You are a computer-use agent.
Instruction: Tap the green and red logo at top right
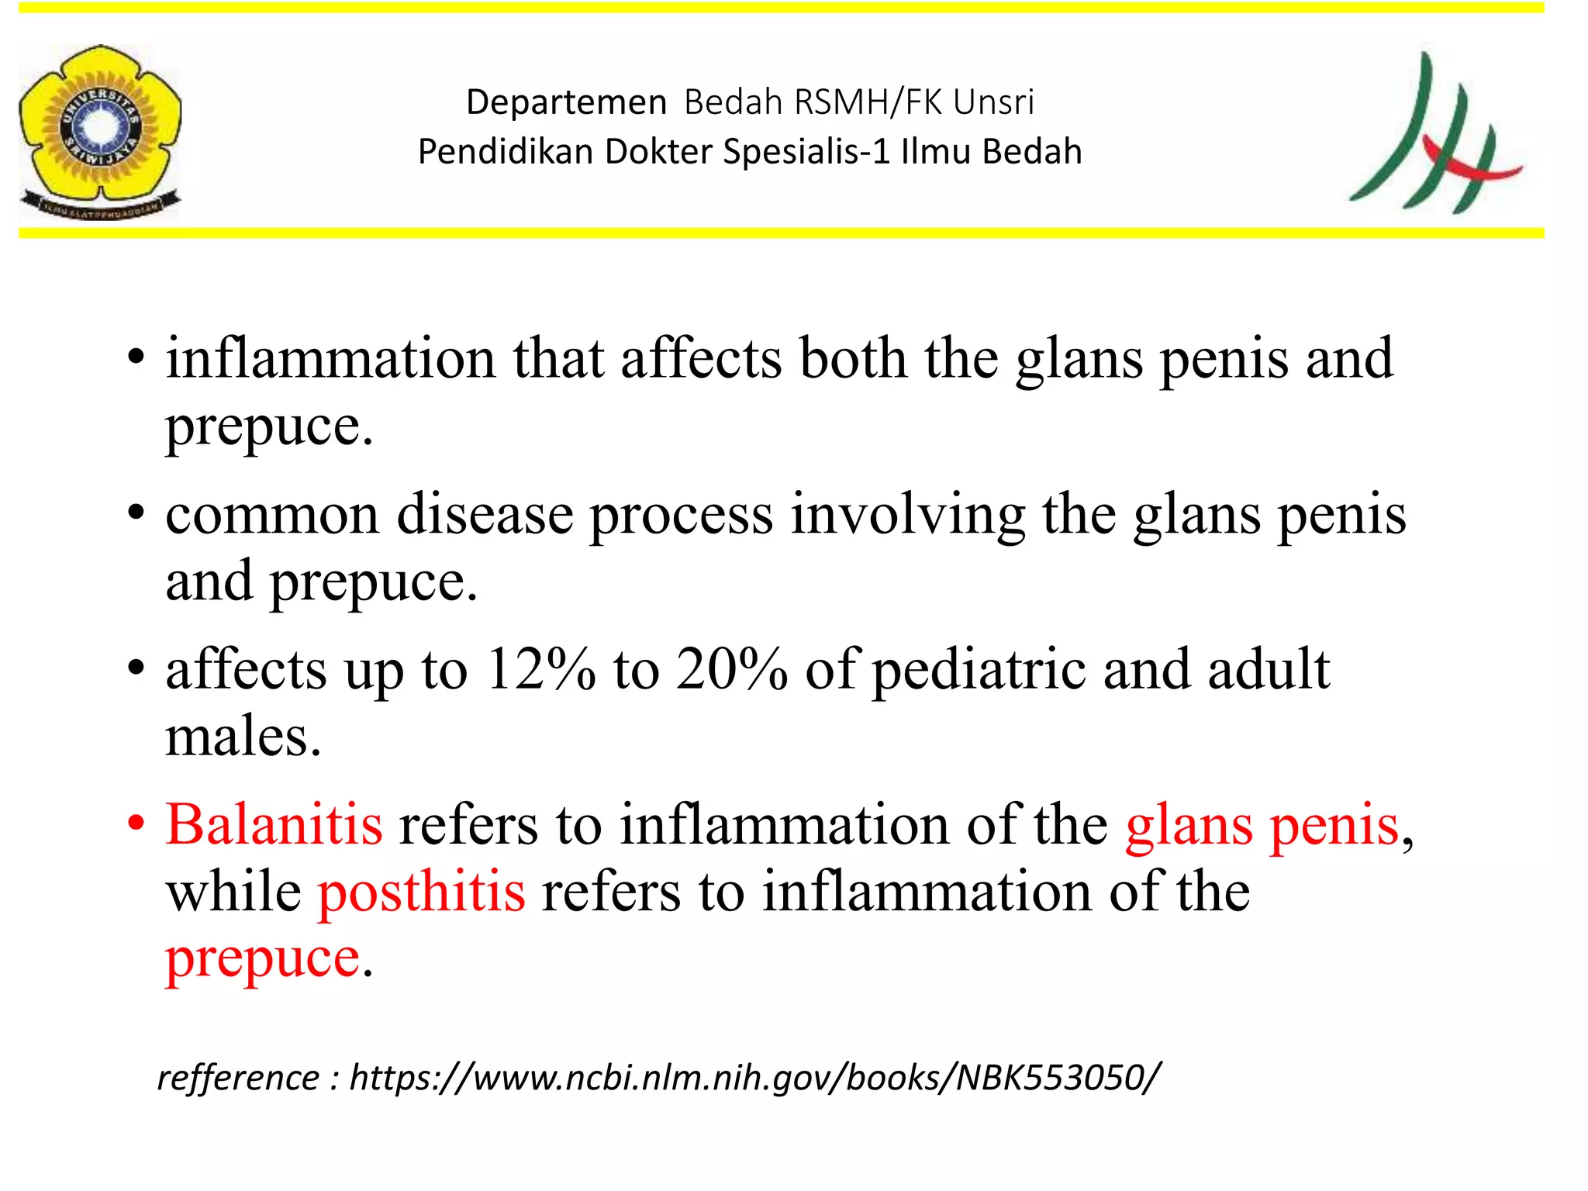tap(1435, 133)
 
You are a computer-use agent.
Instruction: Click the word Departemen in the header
tap(566, 102)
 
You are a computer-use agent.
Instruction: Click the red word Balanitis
tap(274, 825)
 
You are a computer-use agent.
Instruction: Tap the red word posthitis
tap(422, 892)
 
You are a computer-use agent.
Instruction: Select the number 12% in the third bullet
tap(540, 669)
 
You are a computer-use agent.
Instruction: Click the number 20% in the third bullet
tap(731, 669)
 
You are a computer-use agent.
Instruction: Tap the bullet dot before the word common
tap(136, 513)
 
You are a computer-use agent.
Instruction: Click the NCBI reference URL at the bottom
tap(755, 1079)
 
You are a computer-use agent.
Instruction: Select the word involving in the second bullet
tap(907, 516)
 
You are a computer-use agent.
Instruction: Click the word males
tap(243, 737)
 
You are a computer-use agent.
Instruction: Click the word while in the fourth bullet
tap(233, 892)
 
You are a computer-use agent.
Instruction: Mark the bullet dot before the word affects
tap(136, 668)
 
